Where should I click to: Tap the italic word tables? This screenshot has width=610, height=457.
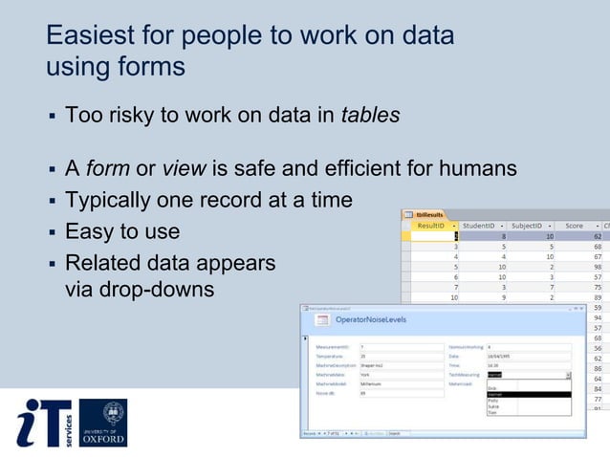pyautogui.click(x=370, y=116)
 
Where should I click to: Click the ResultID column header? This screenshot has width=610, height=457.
pyautogui.click(x=431, y=226)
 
